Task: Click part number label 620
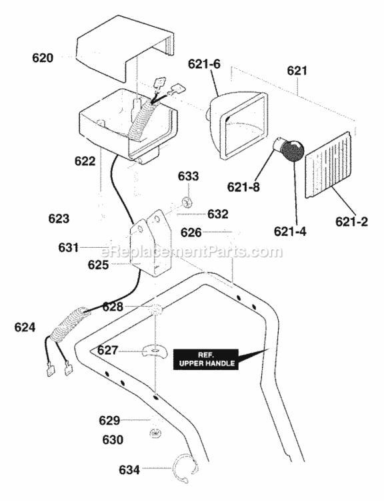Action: click(43, 58)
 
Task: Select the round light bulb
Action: click(290, 150)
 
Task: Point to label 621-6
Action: click(204, 64)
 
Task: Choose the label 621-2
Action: click(351, 222)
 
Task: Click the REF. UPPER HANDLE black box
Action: click(206, 359)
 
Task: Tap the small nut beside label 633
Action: click(186, 202)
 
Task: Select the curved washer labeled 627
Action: click(155, 351)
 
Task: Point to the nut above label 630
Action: click(155, 434)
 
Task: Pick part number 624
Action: click(25, 327)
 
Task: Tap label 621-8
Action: click(243, 187)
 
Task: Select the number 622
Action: click(85, 161)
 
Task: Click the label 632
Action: click(218, 214)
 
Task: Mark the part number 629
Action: click(109, 420)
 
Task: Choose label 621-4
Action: click(290, 231)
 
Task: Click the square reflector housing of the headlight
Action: click(239, 125)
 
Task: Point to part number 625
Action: click(98, 265)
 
